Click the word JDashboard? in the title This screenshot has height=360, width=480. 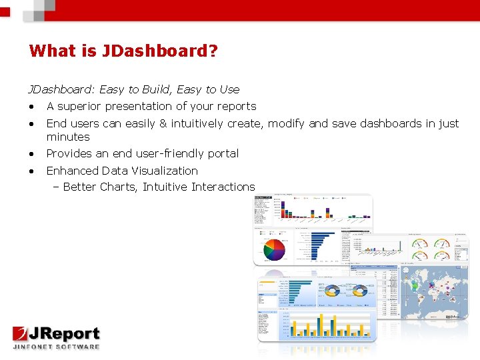pyautogui.click(x=160, y=51)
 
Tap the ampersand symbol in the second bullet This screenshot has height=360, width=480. pyautogui.click(x=163, y=123)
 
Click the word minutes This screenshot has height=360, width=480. pyautogui.click(x=68, y=137)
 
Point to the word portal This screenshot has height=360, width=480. pyautogui.click(x=223, y=153)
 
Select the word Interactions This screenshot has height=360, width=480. pyautogui.click(x=223, y=187)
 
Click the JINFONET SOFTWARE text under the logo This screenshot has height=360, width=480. pyautogui.click(x=56, y=346)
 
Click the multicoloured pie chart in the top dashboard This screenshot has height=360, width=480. pyautogui.click(x=273, y=249)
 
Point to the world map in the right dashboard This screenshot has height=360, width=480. pyautogui.click(x=433, y=291)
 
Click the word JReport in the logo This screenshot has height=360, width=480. pyautogui.click(x=66, y=333)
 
